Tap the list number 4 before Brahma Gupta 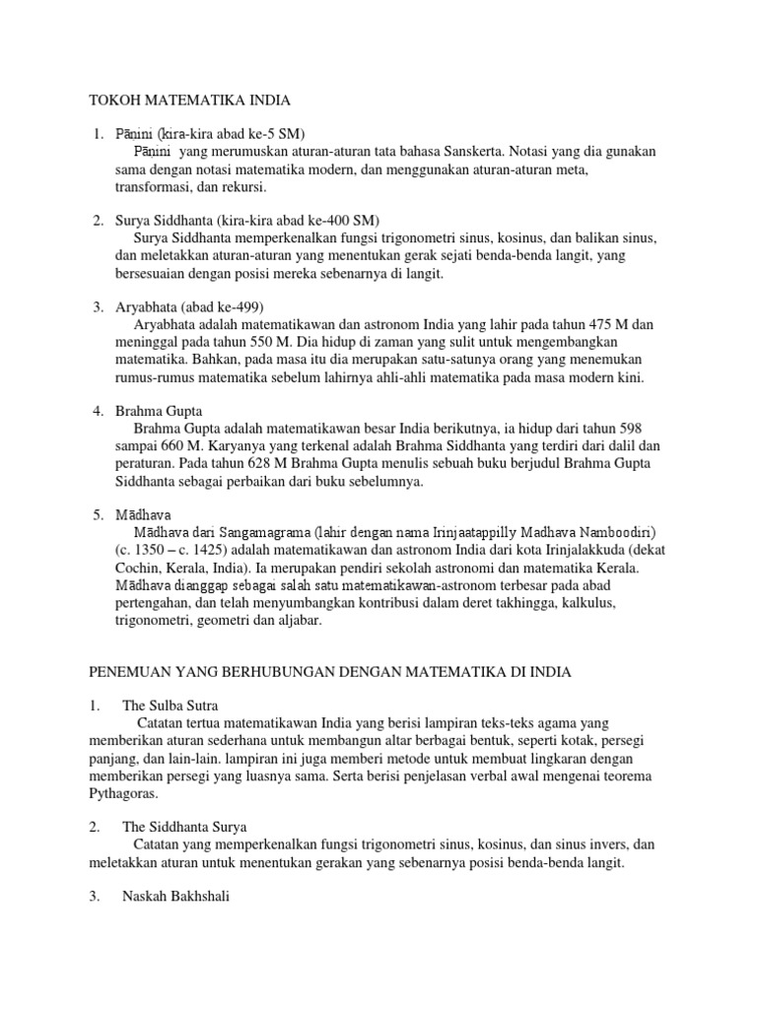(x=98, y=410)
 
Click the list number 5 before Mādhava (x=98, y=514)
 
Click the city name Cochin (x=140, y=569)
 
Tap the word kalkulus (x=585, y=603)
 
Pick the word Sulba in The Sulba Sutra (x=169, y=706)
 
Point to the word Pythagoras (x=126, y=793)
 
